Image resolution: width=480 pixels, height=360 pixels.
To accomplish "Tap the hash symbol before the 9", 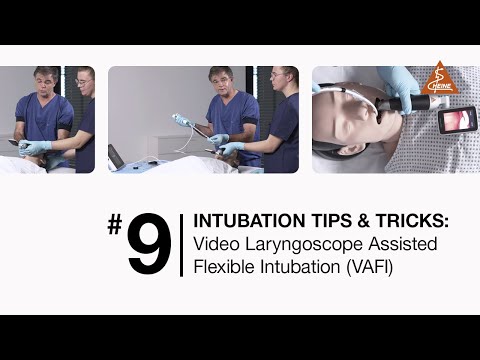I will click(116, 224).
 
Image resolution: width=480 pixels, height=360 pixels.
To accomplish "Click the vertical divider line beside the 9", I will click(181, 245).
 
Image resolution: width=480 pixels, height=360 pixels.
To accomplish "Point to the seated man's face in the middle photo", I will click(221, 84).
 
